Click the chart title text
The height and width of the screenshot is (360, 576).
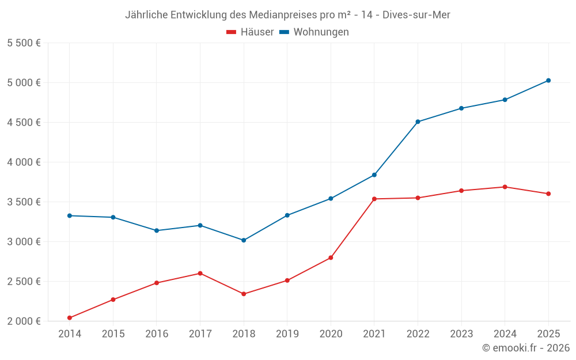click(x=287, y=15)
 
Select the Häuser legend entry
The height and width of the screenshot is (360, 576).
click(x=250, y=32)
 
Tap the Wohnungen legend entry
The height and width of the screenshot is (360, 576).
click(x=314, y=32)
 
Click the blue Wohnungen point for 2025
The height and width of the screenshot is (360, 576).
click(x=548, y=81)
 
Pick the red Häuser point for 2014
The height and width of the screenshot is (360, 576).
click(x=70, y=318)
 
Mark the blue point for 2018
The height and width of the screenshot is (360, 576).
click(x=244, y=240)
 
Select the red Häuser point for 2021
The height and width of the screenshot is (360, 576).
click(x=374, y=199)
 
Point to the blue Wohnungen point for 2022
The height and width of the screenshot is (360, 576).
click(x=418, y=122)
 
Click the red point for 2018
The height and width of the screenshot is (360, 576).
click(x=244, y=294)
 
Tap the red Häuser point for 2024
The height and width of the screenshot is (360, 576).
click(x=505, y=187)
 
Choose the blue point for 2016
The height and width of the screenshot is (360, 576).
click(x=157, y=230)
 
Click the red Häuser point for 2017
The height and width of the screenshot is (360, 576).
click(x=200, y=273)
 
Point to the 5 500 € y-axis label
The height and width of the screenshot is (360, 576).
click(x=24, y=43)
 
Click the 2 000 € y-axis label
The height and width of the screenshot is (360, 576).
click(x=24, y=321)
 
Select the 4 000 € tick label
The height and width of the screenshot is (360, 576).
click(x=24, y=162)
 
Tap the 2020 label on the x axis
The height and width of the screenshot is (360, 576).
click(x=331, y=334)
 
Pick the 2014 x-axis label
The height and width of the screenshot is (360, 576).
click(x=70, y=334)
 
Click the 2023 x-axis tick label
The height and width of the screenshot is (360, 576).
click(x=461, y=334)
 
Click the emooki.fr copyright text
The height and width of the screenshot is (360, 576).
click(x=525, y=348)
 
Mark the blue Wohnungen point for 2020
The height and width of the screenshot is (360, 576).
click(x=331, y=199)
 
